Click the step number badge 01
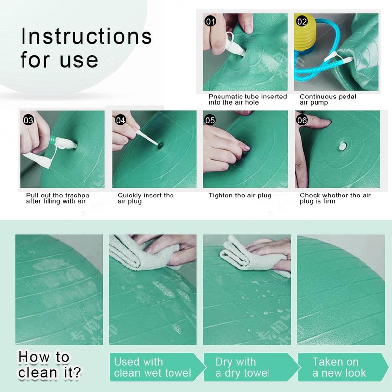click(x=210, y=21)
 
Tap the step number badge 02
click(x=302, y=21)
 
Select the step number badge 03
click(x=28, y=120)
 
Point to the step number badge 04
click(x=120, y=120)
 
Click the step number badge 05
click(x=210, y=120)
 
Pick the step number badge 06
click(x=302, y=120)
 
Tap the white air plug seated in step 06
click(x=343, y=147)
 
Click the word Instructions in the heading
click(x=87, y=36)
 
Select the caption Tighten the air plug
click(x=240, y=195)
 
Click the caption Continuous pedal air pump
click(x=328, y=99)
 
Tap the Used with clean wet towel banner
click(x=157, y=367)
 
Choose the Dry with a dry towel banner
click(x=252, y=367)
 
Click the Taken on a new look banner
click(x=343, y=367)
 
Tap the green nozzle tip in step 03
click(x=53, y=141)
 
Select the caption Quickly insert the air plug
click(x=146, y=198)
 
